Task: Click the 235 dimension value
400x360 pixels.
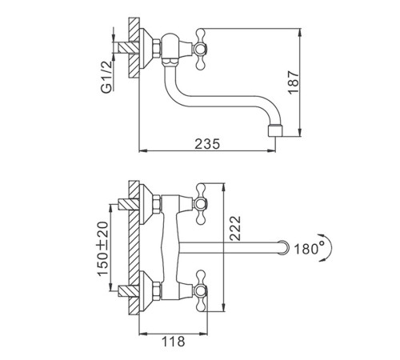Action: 207,144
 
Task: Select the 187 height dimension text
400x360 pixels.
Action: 294,82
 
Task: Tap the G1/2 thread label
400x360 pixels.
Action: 106,77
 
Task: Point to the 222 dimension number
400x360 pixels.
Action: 235,229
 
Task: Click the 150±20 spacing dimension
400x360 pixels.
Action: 103,249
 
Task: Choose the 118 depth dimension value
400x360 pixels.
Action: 173,342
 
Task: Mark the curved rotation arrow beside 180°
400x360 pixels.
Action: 327,247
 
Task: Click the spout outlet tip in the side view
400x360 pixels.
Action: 274,130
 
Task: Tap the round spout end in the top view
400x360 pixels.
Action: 283,247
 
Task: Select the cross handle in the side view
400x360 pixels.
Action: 201,49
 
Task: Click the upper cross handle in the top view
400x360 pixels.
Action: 201,204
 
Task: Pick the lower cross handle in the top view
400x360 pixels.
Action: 201,290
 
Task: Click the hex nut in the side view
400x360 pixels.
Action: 157,49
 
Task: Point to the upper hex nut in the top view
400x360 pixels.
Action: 157,204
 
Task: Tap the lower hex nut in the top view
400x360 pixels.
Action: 157,290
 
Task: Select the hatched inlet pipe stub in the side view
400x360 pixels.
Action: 126,48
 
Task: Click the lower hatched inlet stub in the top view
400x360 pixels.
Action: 129,290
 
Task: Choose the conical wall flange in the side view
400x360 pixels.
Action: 146,49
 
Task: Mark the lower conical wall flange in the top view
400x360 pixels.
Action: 146,290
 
